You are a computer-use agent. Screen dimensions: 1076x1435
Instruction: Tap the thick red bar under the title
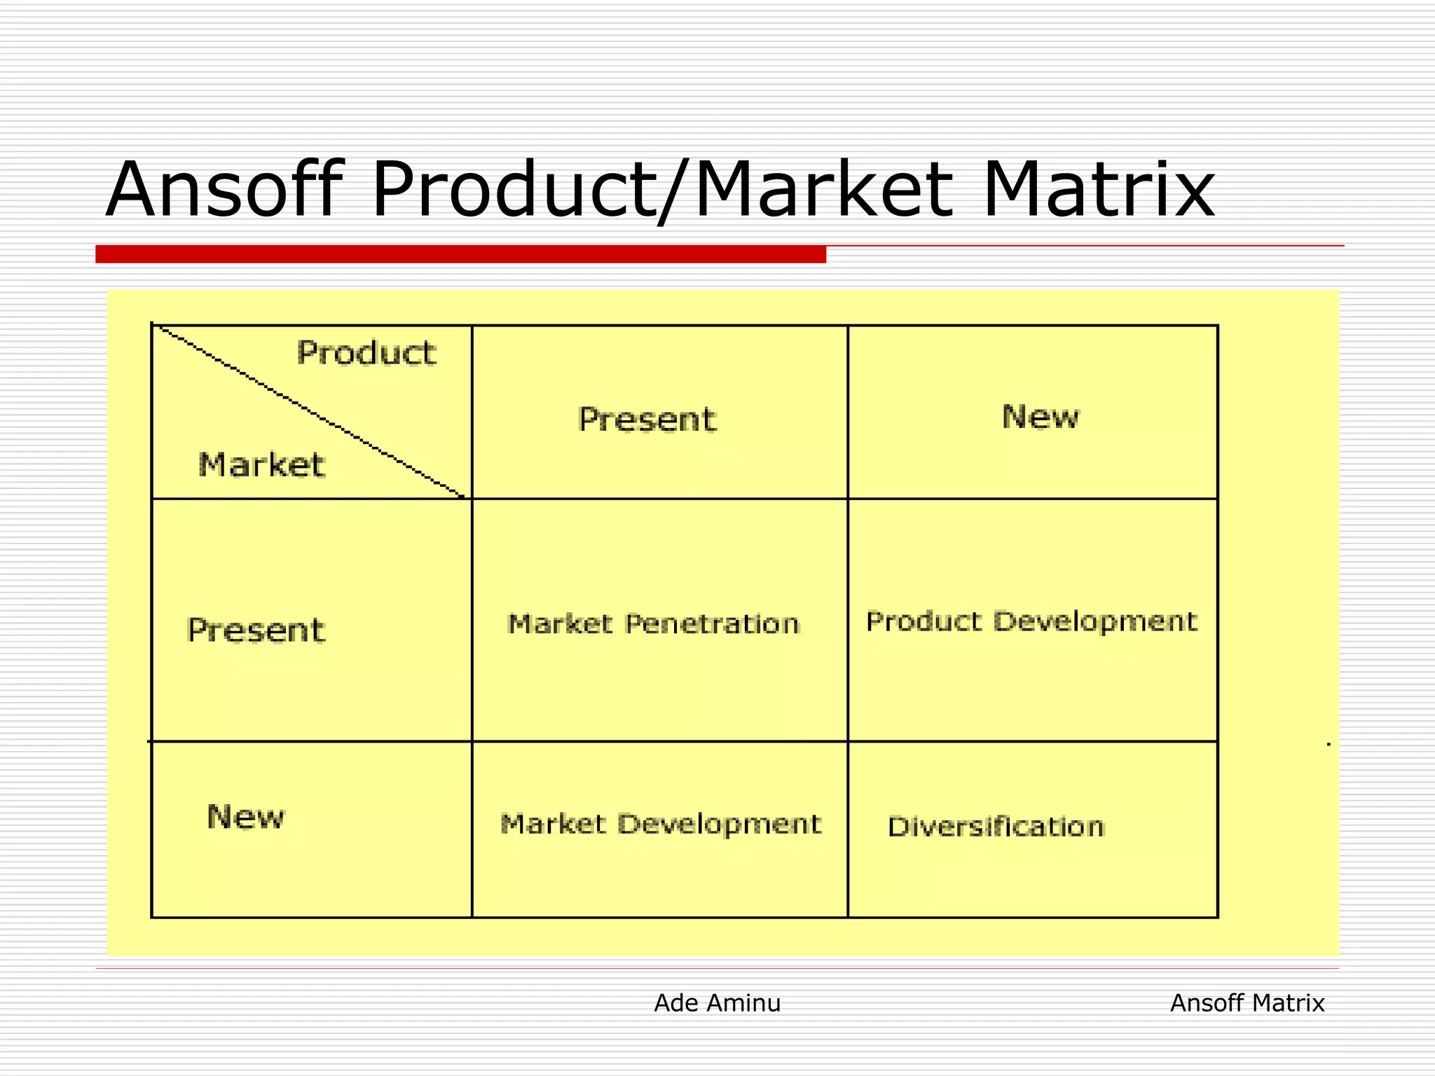pyautogui.click(x=460, y=254)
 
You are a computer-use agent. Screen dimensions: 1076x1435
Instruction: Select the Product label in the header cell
pyautogui.click(x=366, y=352)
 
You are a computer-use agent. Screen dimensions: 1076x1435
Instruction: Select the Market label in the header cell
pyautogui.click(x=261, y=465)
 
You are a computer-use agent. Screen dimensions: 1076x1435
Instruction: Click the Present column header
pyautogui.click(x=647, y=420)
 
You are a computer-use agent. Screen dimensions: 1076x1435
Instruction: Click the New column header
pyautogui.click(x=1040, y=417)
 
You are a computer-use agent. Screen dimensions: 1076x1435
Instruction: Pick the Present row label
pyautogui.click(x=256, y=630)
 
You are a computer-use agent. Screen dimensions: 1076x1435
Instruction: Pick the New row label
pyautogui.click(x=245, y=817)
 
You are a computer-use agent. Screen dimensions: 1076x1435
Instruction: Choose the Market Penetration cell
pyautogui.click(x=653, y=623)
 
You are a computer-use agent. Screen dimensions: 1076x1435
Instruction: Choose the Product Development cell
pyautogui.click(x=1031, y=621)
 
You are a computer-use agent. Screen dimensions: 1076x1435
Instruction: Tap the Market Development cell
pyautogui.click(x=660, y=825)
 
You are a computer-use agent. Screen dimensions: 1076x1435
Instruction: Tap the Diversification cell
pyautogui.click(x=996, y=827)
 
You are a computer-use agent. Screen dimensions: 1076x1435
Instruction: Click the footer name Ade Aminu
pyautogui.click(x=717, y=1003)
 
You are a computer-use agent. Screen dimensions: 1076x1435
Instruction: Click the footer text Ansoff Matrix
pyautogui.click(x=1247, y=1003)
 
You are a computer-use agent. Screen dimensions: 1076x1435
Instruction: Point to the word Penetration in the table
pyautogui.click(x=712, y=623)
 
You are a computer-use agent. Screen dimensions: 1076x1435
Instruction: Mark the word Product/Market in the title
pyautogui.click(x=662, y=191)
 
